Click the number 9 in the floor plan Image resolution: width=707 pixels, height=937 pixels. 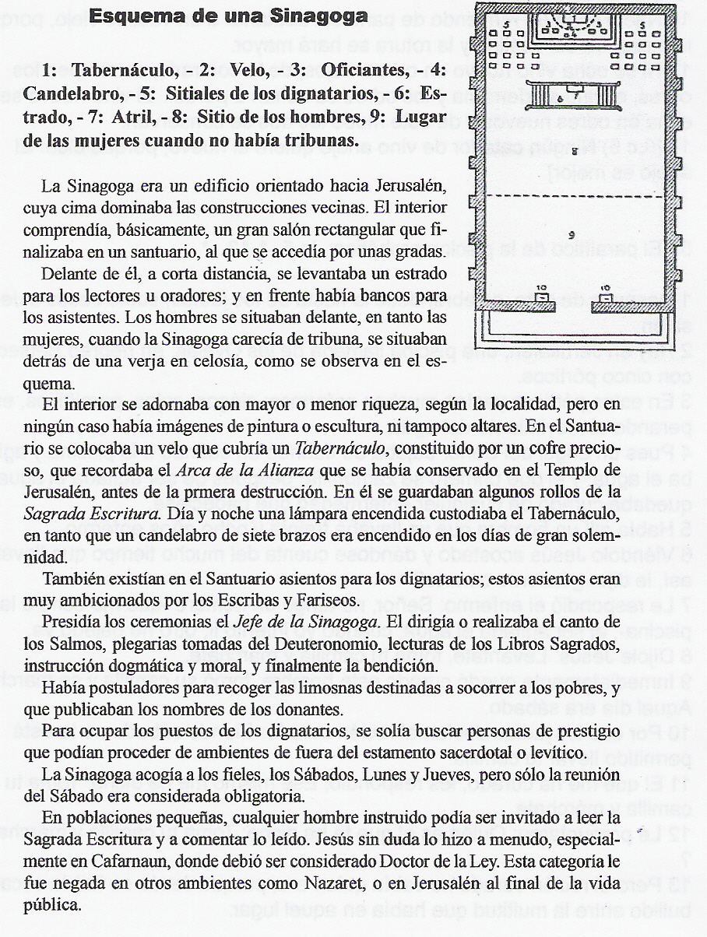pos(572,233)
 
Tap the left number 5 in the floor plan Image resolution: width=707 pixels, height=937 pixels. pos(505,26)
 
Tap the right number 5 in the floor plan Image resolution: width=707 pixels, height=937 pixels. pos(642,26)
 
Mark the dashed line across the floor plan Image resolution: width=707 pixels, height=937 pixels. pos(573,195)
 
